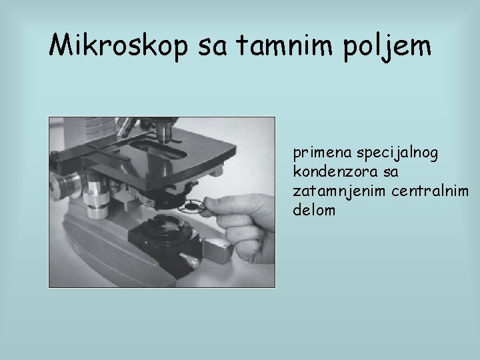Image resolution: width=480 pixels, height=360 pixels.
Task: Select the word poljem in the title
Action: click(x=389, y=47)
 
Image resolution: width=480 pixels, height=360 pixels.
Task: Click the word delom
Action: click(x=312, y=210)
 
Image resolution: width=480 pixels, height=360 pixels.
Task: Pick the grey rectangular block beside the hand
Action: click(x=218, y=250)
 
